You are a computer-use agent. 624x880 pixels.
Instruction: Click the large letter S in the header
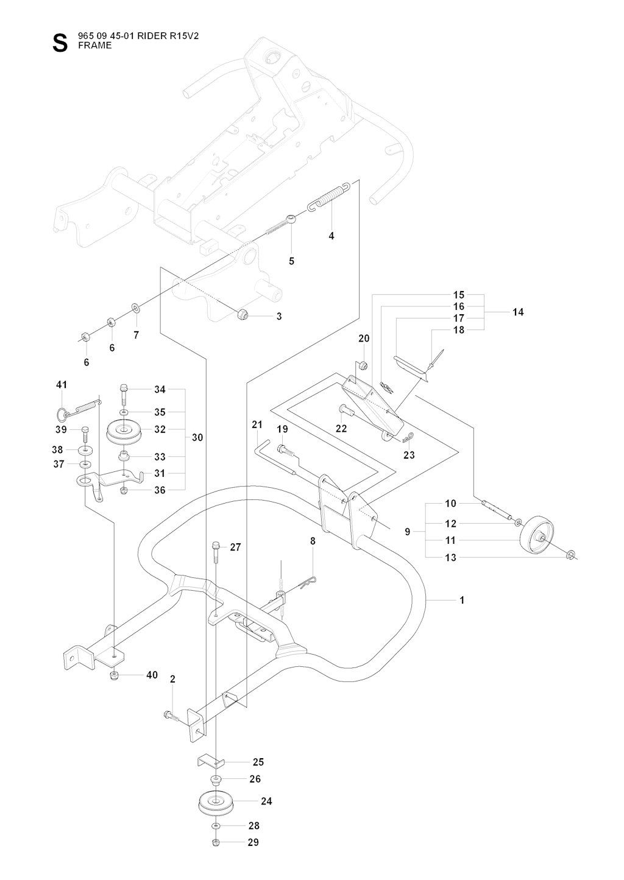(x=59, y=44)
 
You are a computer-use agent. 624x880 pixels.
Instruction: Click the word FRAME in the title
(x=95, y=45)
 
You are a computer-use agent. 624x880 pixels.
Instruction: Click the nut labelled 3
(x=241, y=315)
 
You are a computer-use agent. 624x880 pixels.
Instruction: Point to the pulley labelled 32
(x=124, y=432)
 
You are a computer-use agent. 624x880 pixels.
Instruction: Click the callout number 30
(x=197, y=437)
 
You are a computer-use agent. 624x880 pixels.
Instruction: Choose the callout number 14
(x=518, y=312)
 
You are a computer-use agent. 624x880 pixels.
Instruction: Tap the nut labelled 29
(x=216, y=842)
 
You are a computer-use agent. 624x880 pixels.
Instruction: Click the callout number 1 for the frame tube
(x=462, y=600)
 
